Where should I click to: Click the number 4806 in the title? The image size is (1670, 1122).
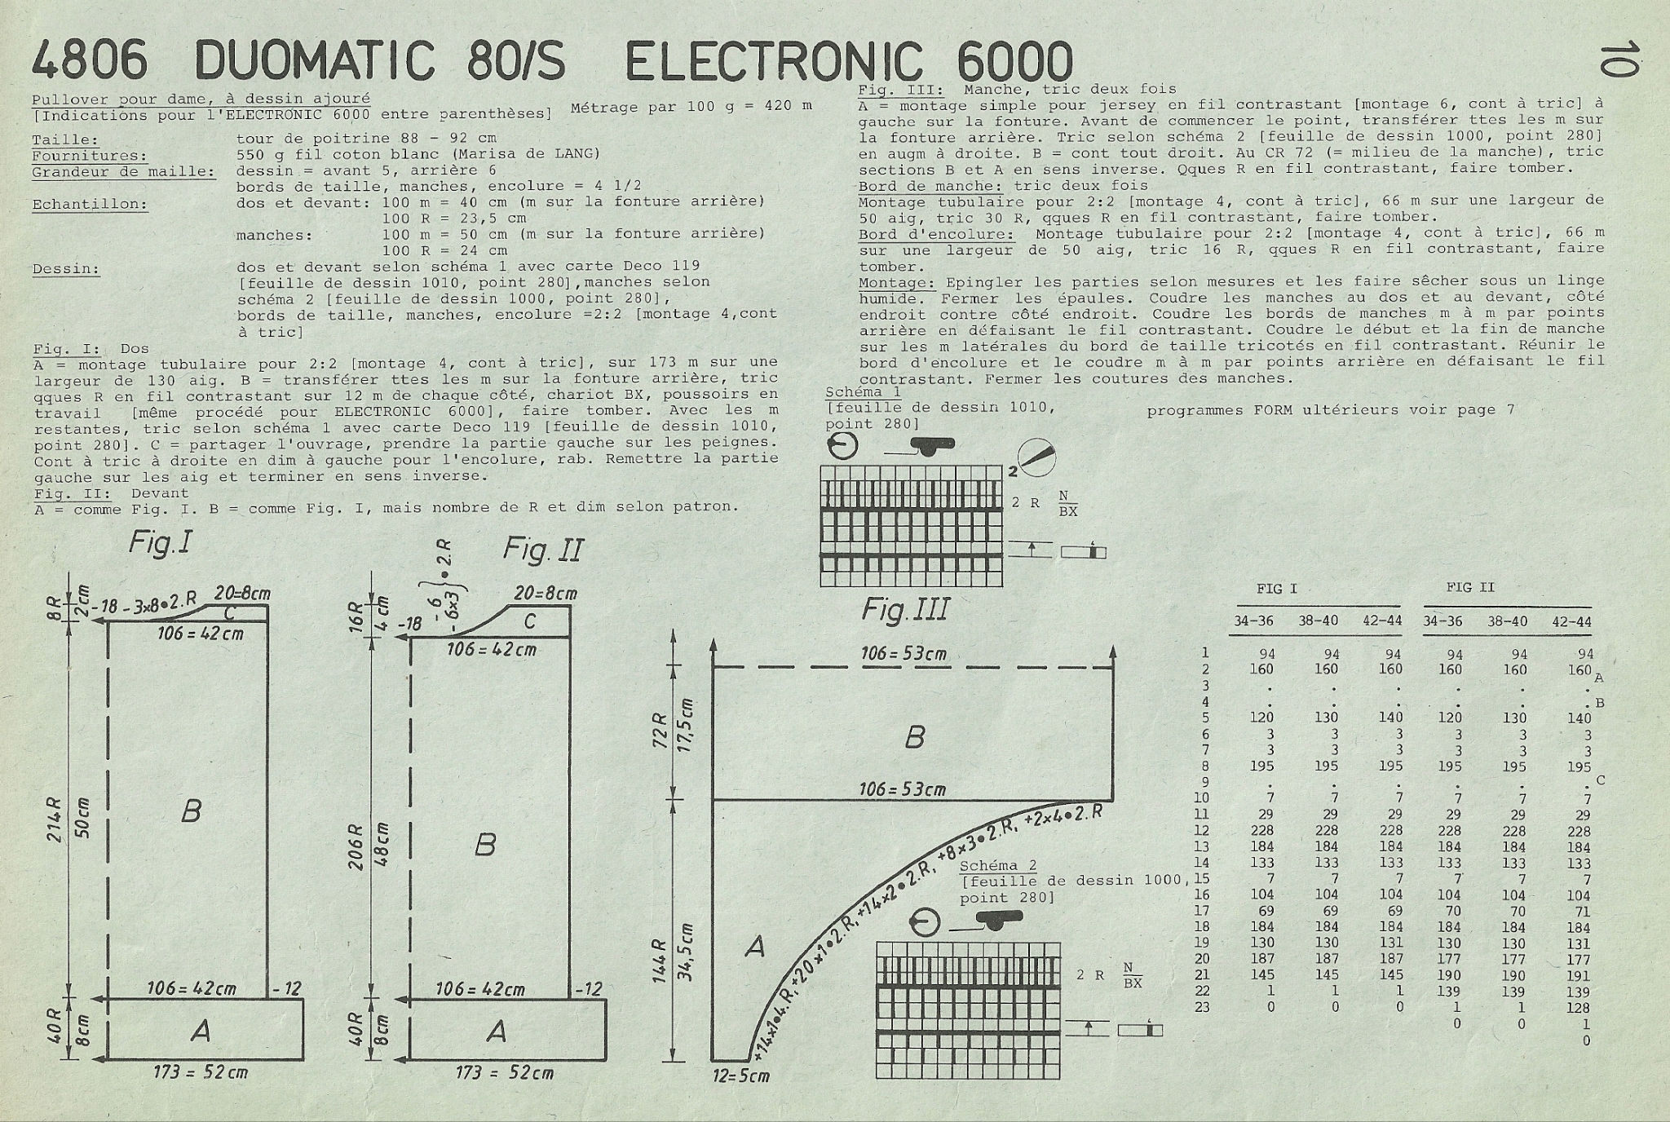click(90, 60)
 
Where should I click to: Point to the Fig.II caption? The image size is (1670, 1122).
click(543, 550)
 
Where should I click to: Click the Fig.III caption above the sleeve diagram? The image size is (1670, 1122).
click(905, 609)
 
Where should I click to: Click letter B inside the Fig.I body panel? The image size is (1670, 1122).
click(191, 811)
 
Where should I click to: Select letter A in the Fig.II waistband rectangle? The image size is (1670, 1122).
click(496, 1032)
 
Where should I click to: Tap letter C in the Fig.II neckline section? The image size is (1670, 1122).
click(529, 622)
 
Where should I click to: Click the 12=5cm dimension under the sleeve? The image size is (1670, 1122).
click(741, 1076)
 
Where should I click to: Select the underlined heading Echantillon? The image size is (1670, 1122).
click(90, 205)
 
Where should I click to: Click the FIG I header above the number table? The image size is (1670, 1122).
click(1276, 589)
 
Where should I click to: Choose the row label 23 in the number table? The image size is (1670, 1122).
click(1202, 1007)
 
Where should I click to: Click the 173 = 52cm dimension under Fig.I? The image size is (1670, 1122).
click(201, 1072)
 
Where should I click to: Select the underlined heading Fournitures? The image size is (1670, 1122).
click(90, 156)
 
